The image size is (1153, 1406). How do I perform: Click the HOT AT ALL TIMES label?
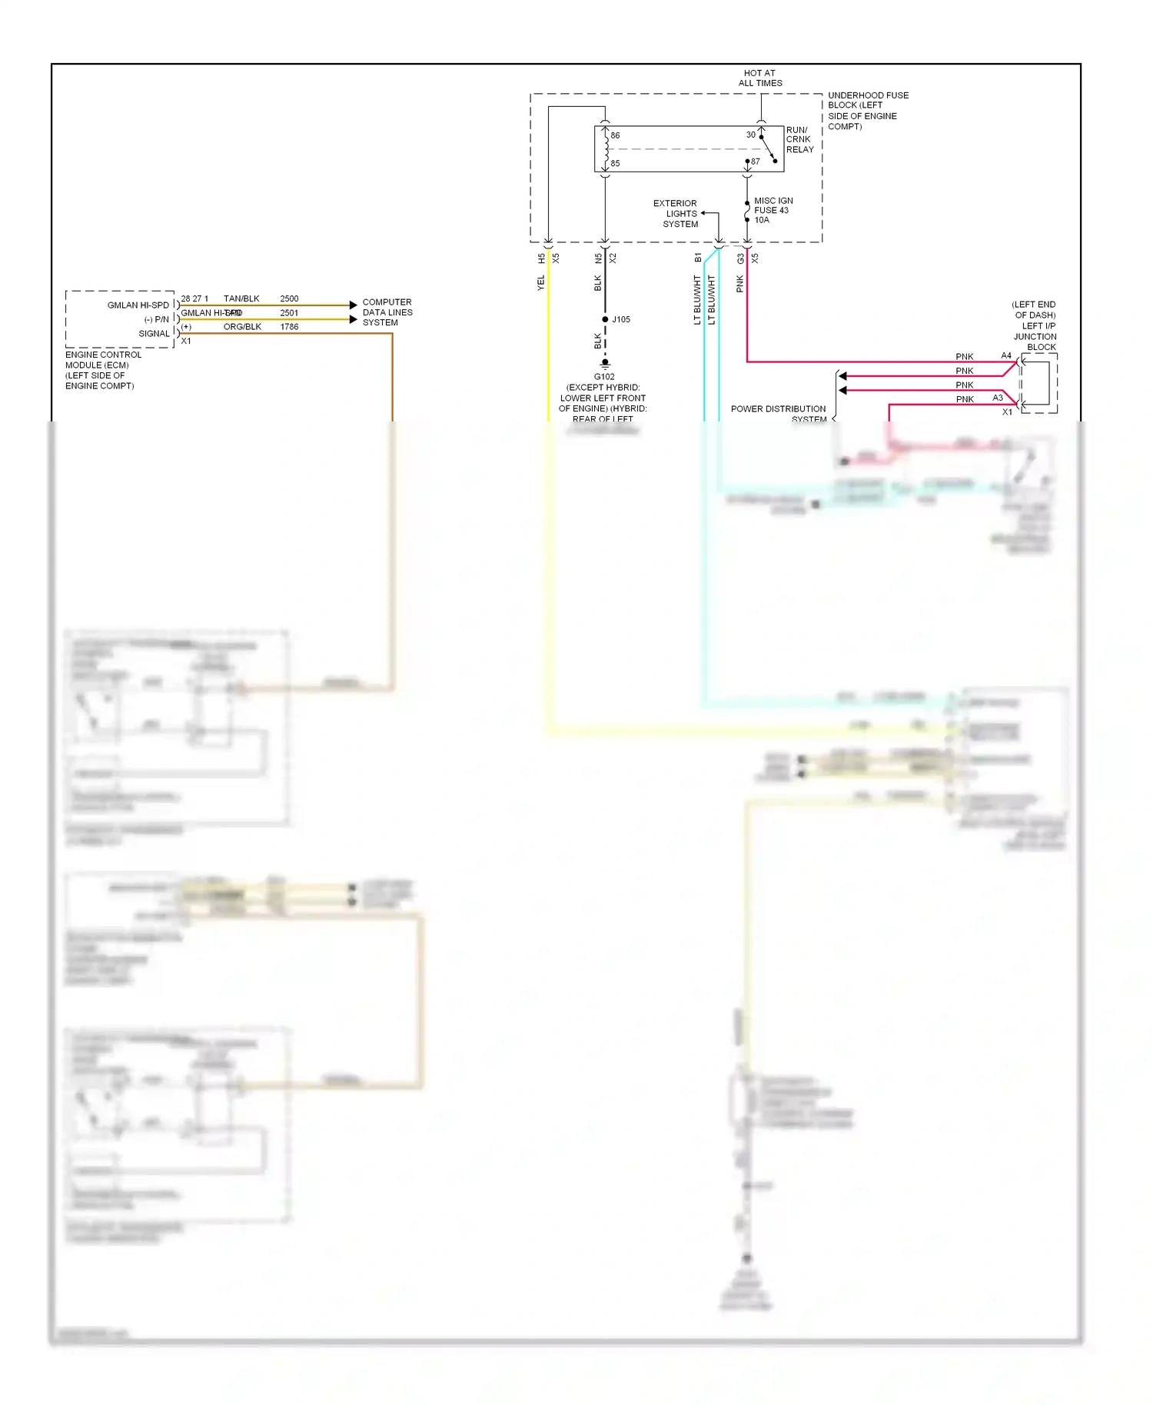(759, 78)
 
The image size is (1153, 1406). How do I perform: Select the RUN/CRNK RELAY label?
(799, 140)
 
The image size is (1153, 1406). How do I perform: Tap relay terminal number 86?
(615, 135)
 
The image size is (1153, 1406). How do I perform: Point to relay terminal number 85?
(615, 163)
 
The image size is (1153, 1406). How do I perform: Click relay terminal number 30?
(750, 135)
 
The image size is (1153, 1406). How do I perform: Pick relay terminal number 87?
(755, 162)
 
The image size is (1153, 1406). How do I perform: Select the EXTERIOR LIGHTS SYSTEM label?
(676, 214)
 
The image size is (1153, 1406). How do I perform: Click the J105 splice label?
(621, 319)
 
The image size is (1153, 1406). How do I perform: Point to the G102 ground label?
(604, 377)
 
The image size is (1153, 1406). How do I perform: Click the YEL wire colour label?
(540, 283)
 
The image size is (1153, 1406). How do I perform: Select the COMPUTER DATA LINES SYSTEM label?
(387, 312)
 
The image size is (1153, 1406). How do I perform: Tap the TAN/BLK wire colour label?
(241, 298)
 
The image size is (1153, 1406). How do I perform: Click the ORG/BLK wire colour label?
(242, 327)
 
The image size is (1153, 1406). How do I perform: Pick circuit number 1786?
(289, 327)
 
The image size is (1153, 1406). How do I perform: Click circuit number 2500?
(289, 298)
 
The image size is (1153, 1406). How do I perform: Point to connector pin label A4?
(1006, 355)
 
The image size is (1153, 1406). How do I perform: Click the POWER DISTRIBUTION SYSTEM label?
(778, 414)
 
